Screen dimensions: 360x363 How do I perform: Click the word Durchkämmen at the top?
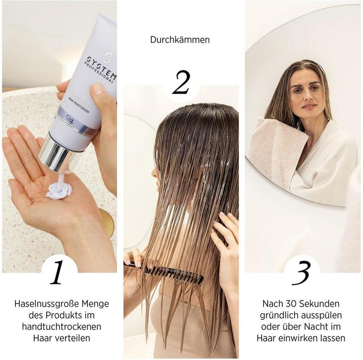pos(180,39)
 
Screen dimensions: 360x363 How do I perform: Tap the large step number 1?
pos(57,272)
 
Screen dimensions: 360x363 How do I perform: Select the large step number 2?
pos(181,83)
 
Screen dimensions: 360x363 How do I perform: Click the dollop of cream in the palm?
pos(59,190)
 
